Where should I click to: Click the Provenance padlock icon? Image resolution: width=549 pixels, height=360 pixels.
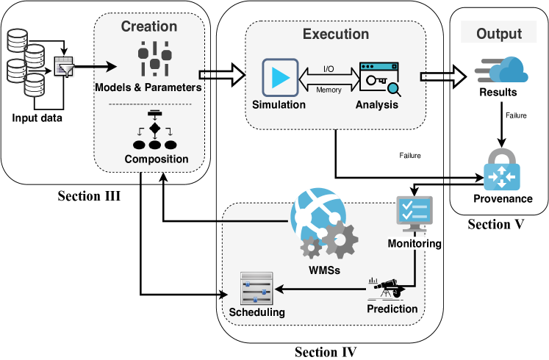click(501, 170)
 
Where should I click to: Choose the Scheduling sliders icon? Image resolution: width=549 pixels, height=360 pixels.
click(256, 289)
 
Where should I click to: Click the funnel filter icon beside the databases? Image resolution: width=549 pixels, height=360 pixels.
click(64, 68)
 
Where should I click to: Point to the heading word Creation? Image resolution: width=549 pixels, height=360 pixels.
click(149, 27)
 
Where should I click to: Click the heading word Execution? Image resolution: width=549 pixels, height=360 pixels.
click(336, 34)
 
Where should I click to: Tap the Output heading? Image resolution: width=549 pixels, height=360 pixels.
click(499, 34)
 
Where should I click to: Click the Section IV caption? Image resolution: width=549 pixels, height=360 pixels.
click(326, 352)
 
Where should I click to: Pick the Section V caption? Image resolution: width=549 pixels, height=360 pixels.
click(496, 224)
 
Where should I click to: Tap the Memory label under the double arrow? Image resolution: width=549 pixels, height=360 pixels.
click(328, 90)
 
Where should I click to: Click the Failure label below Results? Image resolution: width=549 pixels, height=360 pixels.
click(514, 115)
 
